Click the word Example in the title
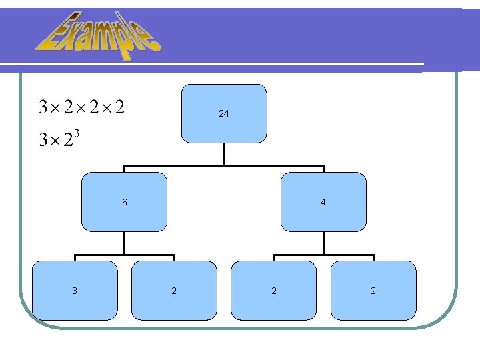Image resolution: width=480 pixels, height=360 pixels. pyautogui.click(x=98, y=35)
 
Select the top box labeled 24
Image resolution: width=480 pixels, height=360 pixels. pyautogui.click(x=224, y=114)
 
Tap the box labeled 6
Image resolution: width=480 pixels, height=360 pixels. pyautogui.click(x=124, y=201)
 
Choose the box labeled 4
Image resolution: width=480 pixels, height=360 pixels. pyautogui.click(x=323, y=201)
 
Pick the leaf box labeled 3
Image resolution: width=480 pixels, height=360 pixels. pyautogui.click(x=75, y=291)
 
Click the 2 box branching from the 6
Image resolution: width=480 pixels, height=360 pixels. pyautogui.click(x=174, y=291)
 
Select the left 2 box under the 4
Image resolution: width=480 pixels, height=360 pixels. pyautogui.click(x=273, y=291)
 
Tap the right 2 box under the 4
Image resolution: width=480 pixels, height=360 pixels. pyautogui.click(x=373, y=291)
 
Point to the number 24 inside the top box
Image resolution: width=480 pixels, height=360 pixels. pyautogui.click(x=224, y=114)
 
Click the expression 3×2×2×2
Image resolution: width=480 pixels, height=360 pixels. pyautogui.click(x=83, y=107)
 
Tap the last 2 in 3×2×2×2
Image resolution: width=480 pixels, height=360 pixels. pyautogui.click(x=119, y=107)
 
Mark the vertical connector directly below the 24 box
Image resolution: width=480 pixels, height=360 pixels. pyautogui.click(x=224, y=155)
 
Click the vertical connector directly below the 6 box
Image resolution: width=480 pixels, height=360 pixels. pyautogui.click(x=124, y=243)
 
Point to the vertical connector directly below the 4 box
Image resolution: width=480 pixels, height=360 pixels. pyautogui.click(x=323, y=243)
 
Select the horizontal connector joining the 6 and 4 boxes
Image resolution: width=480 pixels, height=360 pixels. pyautogui.click(x=224, y=167)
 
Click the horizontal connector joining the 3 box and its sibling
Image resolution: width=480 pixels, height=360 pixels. pyautogui.click(x=124, y=255)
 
